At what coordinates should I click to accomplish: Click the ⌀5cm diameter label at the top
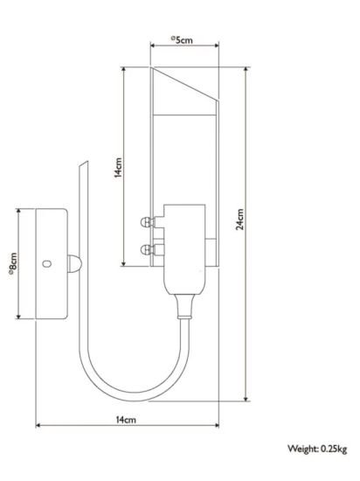click(x=182, y=39)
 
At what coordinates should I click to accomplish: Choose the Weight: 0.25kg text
click(x=317, y=449)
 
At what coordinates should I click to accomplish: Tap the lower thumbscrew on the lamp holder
click(x=146, y=250)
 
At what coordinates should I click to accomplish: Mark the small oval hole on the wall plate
click(x=46, y=262)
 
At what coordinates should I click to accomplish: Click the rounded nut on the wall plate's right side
click(x=73, y=262)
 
